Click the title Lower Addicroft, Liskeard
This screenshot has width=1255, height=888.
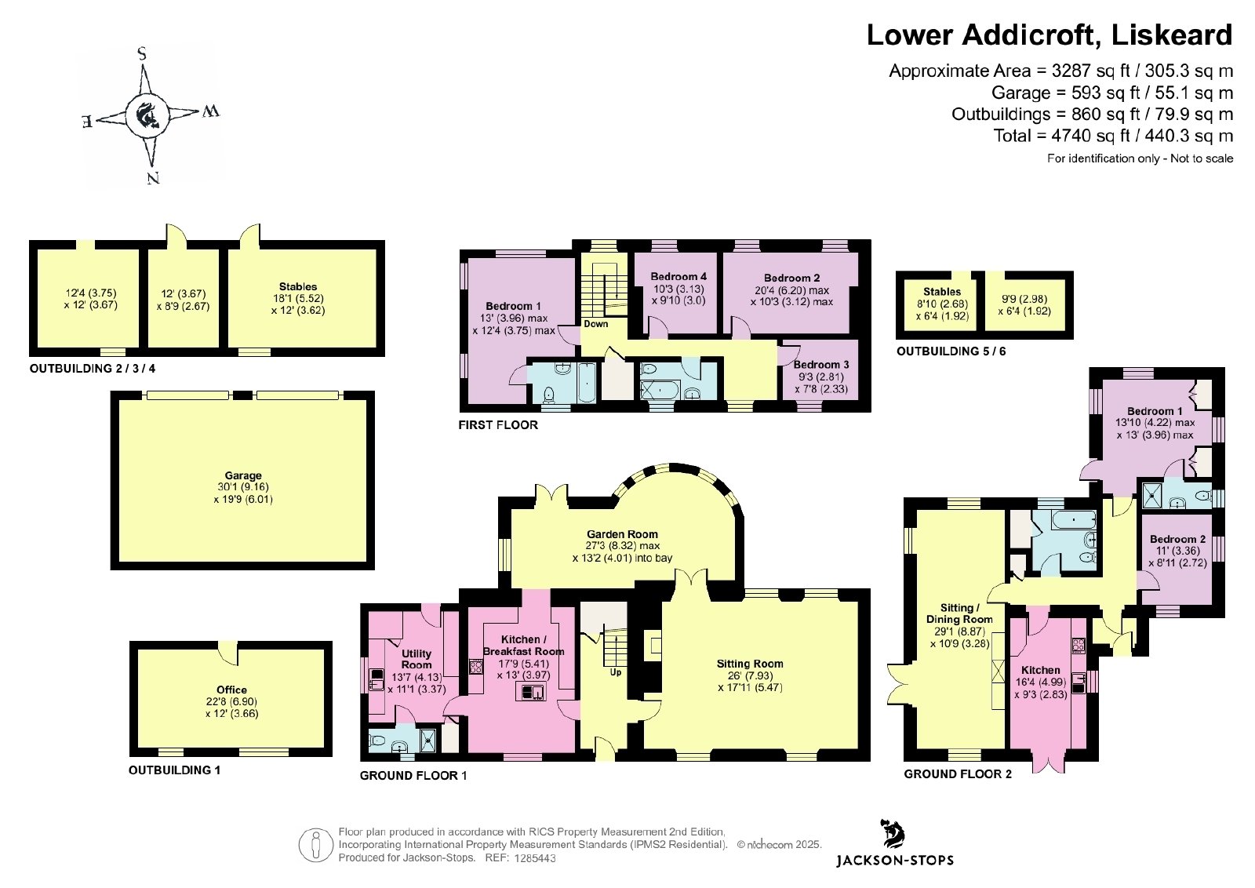1049,35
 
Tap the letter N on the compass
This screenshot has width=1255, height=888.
152,178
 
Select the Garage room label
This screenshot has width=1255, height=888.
243,475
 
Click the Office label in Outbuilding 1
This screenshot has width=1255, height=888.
231,690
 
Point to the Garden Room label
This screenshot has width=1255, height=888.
622,534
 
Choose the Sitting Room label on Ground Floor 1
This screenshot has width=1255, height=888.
750,664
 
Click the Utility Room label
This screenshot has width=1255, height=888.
417,659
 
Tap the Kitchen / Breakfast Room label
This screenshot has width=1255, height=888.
523,646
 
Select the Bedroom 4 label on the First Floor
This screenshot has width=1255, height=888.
678,276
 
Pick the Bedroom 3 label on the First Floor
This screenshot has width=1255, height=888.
820,365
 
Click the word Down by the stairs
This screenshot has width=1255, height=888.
595,324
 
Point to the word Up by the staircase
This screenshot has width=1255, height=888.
616,672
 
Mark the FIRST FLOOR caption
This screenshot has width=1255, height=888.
498,425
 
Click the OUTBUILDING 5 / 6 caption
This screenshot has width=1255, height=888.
951,351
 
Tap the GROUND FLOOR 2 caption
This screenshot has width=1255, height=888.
958,774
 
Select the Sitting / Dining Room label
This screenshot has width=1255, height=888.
959,613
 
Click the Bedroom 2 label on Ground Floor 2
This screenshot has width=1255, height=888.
1177,539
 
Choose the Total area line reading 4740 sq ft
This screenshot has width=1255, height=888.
1113,136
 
